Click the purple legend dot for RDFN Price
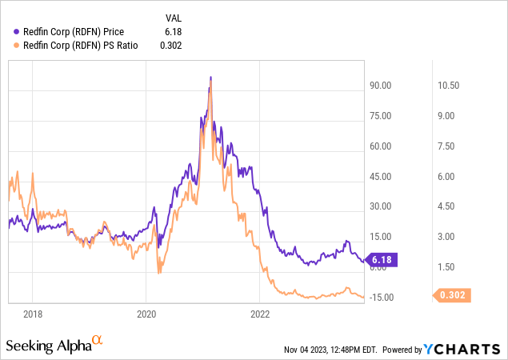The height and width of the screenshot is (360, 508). [18, 31]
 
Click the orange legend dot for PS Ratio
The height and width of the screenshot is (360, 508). [18, 46]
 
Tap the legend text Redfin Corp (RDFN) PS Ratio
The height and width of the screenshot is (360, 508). [81, 46]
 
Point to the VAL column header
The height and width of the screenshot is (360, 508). [173, 16]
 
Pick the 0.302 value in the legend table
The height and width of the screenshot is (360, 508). [170, 46]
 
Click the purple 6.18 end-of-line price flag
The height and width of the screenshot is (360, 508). [381, 260]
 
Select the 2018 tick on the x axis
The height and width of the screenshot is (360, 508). [32, 314]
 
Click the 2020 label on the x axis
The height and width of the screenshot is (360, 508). [146, 314]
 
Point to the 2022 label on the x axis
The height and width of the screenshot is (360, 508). [261, 314]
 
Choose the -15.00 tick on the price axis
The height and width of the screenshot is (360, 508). [382, 297]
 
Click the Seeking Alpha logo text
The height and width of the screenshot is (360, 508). [54, 346]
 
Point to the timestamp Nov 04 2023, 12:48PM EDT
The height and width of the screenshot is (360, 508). [330, 350]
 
